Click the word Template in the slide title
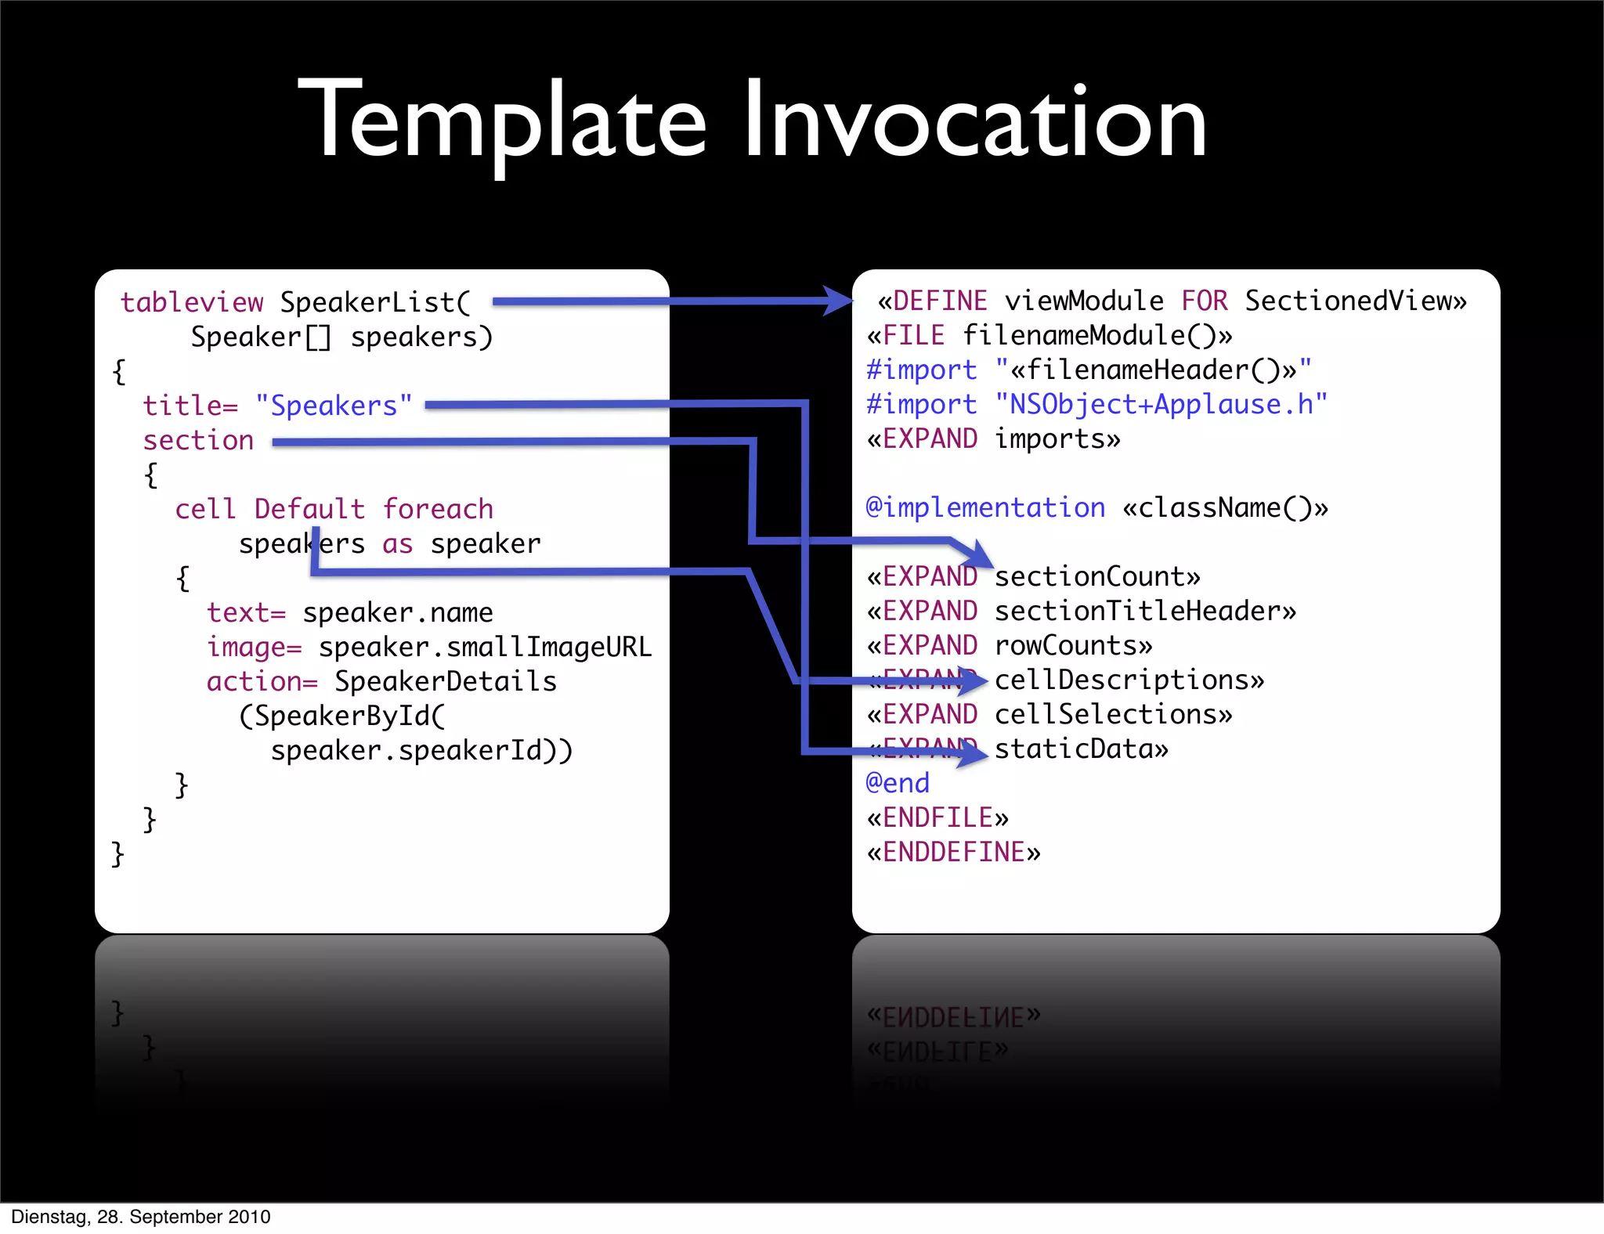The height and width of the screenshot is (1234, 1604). [x=502, y=121]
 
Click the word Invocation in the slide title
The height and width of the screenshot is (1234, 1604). [x=974, y=121]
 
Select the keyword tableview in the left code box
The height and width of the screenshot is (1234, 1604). [x=192, y=302]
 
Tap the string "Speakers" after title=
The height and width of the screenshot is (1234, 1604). [x=334, y=406]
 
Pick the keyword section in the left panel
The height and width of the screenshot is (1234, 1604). [x=198, y=440]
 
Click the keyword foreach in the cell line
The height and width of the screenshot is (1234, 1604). [x=438, y=509]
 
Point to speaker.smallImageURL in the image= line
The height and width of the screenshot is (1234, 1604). [x=485, y=647]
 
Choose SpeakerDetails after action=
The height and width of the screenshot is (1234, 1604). [x=445, y=681]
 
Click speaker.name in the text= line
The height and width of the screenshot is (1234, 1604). [x=398, y=612]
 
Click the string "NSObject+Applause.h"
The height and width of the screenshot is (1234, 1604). [x=1161, y=404]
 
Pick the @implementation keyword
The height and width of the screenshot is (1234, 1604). [x=985, y=507]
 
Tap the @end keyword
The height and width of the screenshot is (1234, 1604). [x=898, y=783]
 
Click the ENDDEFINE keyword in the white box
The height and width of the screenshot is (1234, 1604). [x=954, y=852]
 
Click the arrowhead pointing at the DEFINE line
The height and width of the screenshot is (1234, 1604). [x=838, y=301]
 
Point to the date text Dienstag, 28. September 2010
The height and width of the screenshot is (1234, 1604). [x=141, y=1217]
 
